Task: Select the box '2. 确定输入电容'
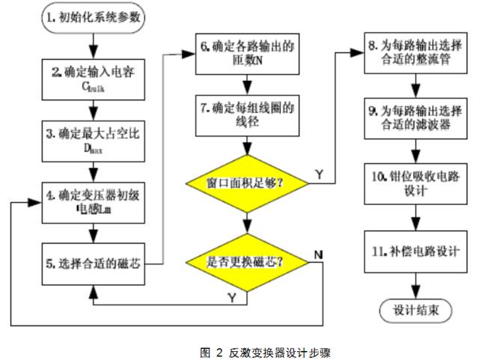pyautogui.click(x=91, y=79)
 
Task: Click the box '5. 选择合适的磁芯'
pyautogui.click(x=91, y=263)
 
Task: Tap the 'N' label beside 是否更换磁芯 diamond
pyautogui.click(x=319, y=254)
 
